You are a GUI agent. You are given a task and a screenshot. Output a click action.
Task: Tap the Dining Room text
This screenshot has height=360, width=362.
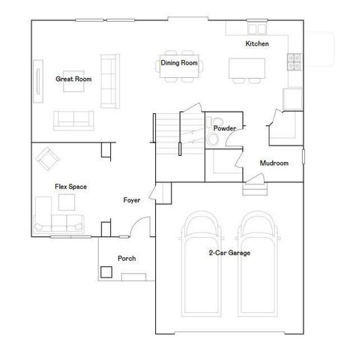180,64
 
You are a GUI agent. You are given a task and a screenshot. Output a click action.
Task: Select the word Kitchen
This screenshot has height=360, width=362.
257,44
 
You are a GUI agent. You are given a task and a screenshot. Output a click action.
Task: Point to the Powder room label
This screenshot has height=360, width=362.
225,129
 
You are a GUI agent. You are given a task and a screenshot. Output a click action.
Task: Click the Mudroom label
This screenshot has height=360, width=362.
274,163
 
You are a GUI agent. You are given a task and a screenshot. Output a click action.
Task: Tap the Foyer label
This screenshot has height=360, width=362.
133,200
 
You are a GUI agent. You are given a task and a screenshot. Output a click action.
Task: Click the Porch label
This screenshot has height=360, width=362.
127,259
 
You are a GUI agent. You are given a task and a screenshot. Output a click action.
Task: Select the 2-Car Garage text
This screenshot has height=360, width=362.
229,253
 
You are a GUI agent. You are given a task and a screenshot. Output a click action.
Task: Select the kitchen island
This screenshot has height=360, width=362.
247,67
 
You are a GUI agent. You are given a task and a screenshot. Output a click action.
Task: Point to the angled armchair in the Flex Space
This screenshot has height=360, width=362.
49,157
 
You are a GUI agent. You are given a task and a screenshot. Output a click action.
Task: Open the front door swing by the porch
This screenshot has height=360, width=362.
137,226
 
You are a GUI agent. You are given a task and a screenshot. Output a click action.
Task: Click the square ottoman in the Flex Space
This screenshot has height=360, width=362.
43,203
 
